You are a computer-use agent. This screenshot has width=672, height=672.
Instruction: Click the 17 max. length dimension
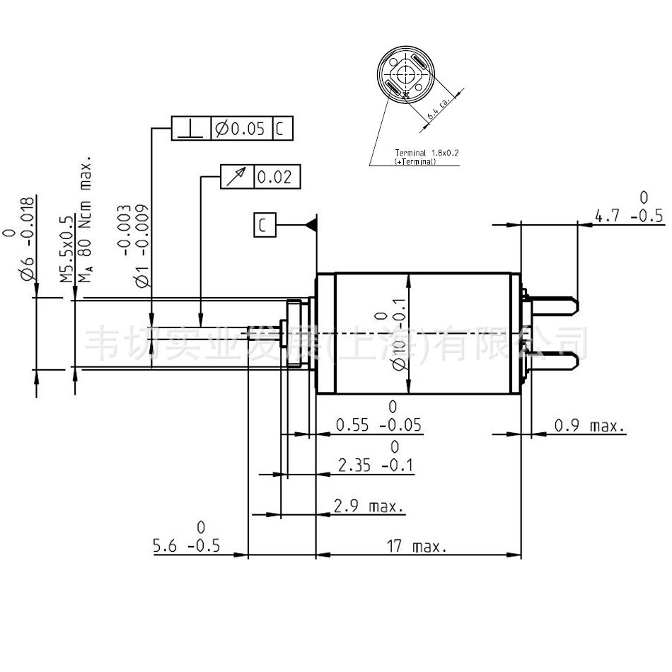pos(417,547)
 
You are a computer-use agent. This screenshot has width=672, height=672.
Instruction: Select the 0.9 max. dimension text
pos(589,426)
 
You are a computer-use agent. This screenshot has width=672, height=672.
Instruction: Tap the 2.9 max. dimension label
pos(369,506)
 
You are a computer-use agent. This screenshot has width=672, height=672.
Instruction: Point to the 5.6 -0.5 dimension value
pos(187,546)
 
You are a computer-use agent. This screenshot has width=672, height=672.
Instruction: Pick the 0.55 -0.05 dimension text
pos(378,425)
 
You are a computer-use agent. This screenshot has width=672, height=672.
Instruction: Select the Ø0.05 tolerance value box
pos(241,129)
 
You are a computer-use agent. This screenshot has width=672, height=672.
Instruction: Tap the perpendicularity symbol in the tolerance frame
pos(192,129)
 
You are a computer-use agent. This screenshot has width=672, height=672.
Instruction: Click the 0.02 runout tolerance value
pos(275,177)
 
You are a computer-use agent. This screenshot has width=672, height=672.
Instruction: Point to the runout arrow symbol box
pos(236,177)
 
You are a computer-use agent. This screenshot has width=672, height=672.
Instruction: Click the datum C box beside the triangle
pos(263,225)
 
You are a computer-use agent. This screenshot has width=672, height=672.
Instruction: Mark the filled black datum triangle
pos(311,224)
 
